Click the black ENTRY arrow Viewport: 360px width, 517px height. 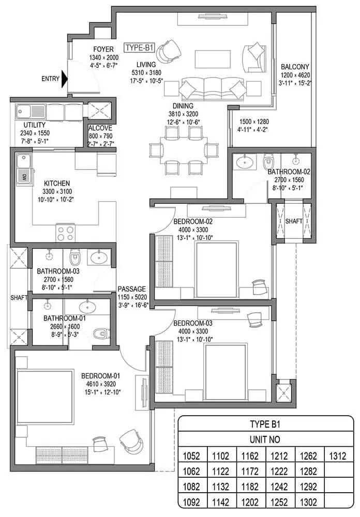pos(64,79)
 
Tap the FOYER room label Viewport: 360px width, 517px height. pos(103,50)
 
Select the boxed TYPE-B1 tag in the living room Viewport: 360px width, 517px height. pos(140,48)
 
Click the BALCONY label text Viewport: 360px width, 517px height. pos(295,67)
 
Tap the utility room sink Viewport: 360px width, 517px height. pos(25,111)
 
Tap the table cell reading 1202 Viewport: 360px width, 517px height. pos(251,501)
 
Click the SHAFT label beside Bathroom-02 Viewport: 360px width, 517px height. pos(294,221)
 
